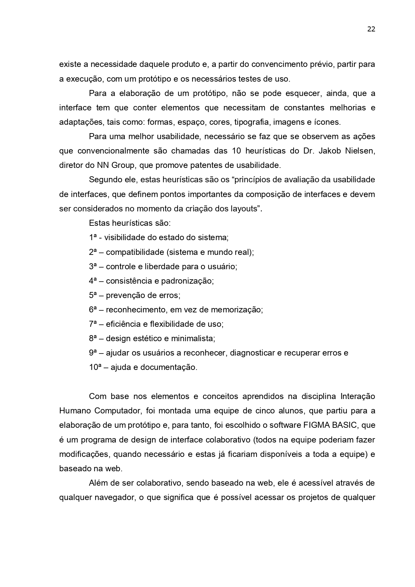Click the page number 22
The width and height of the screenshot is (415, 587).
click(x=371, y=29)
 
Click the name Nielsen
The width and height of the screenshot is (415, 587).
click(x=362, y=151)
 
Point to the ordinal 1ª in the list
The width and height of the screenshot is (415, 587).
click(x=93, y=237)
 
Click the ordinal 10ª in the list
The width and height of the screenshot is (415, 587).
click(x=95, y=367)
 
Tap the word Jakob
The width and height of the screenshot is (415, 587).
click(x=330, y=151)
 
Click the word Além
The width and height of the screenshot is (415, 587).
click(x=98, y=483)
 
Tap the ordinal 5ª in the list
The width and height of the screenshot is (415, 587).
click(x=93, y=295)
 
